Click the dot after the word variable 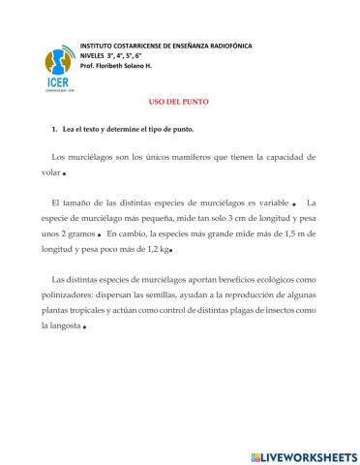coord(293,204)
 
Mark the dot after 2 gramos coord(100,234)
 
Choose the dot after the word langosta coord(85,326)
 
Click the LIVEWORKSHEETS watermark coord(303,455)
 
